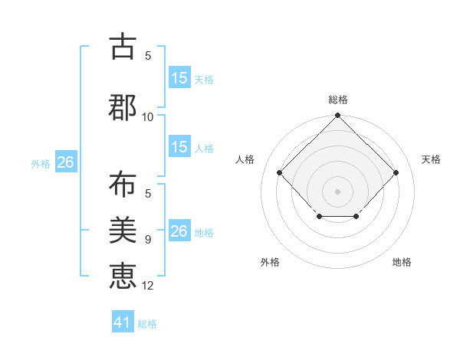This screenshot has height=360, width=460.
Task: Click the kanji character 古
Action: tap(123, 47)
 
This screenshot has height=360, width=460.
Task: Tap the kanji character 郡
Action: tap(123, 107)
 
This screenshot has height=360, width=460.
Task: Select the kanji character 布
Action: tap(123, 185)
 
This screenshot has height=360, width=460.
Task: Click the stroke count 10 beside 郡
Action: tap(148, 117)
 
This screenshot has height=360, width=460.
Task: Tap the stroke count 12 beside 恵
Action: tap(148, 286)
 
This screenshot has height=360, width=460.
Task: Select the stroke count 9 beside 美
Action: tap(148, 240)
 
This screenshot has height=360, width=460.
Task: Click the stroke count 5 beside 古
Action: tap(148, 56)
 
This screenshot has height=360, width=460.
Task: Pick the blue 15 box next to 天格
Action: tap(179, 78)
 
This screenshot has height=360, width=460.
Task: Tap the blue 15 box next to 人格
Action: tap(179, 147)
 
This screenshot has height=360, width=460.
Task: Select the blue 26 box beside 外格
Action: tap(65, 162)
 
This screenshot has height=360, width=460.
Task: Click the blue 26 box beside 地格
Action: tap(179, 231)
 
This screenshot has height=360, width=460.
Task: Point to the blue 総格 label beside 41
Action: tap(147, 324)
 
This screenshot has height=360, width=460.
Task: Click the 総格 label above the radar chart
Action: tap(337, 100)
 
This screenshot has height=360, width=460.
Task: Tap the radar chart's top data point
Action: tap(337, 116)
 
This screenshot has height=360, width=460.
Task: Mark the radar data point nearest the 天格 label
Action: tap(396, 172)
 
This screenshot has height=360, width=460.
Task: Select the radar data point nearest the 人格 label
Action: tap(280, 172)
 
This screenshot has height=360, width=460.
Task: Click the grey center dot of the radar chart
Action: tap(337, 191)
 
